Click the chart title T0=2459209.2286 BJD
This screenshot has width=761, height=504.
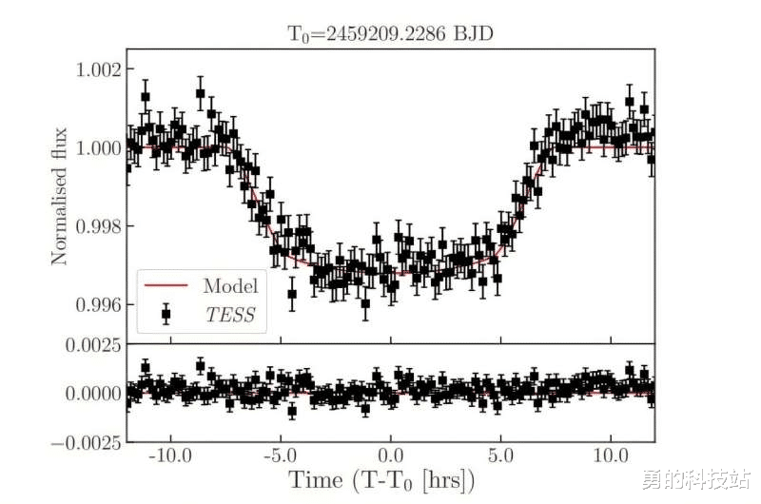pyautogui.click(x=391, y=34)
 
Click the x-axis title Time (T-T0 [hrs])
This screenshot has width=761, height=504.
pyautogui.click(x=381, y=480)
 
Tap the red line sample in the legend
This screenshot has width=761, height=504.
pyautogui.click(x=166, y=285)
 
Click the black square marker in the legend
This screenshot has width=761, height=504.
pyautogui.click(x=166, y=314)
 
